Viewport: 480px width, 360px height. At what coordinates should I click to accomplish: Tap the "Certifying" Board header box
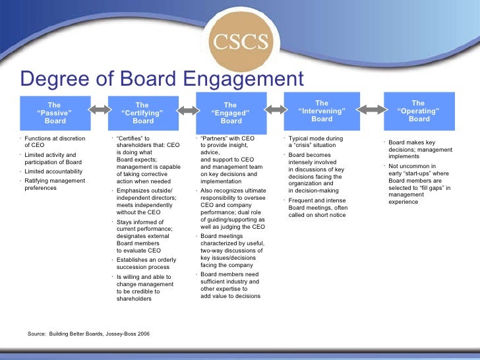pos(142,113)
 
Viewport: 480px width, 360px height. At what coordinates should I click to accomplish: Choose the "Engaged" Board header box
pos(230,113)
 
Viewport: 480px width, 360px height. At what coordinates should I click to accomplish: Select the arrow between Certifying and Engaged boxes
pos(187,109)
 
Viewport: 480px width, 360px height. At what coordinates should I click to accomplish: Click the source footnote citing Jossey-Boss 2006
pos(88,334)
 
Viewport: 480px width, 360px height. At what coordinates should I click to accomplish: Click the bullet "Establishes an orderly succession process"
pos(146,264)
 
